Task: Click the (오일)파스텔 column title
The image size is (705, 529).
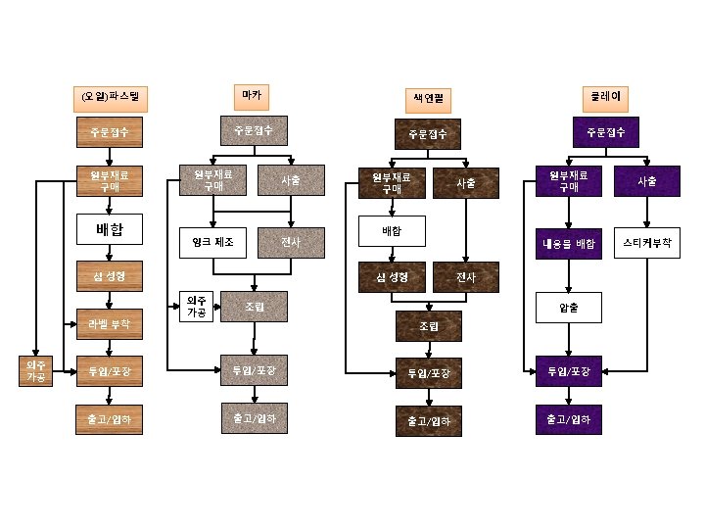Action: [x=111, y=97]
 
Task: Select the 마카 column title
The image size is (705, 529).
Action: [x=253, y=95]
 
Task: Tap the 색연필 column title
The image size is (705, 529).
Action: [x=427, y=99]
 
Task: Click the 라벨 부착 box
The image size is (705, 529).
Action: [x=111, y=322]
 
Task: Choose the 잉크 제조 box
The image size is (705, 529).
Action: [x=212, y=241]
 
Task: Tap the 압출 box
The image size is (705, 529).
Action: [x=568, y=308]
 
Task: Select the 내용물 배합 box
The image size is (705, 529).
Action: [x=569, y=244]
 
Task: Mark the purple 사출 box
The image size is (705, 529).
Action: [x=646, y=181]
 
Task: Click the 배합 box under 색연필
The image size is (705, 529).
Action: [x=391, y=231]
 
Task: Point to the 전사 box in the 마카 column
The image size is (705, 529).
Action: [x=292, y=241]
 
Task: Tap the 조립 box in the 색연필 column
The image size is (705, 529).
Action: [x=428, y=325]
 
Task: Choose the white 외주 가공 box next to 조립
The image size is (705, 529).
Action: [x=196, y=307]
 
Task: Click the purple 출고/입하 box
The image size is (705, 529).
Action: [x=568, y=419]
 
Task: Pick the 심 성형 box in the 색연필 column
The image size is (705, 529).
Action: [x=391, y=277]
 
